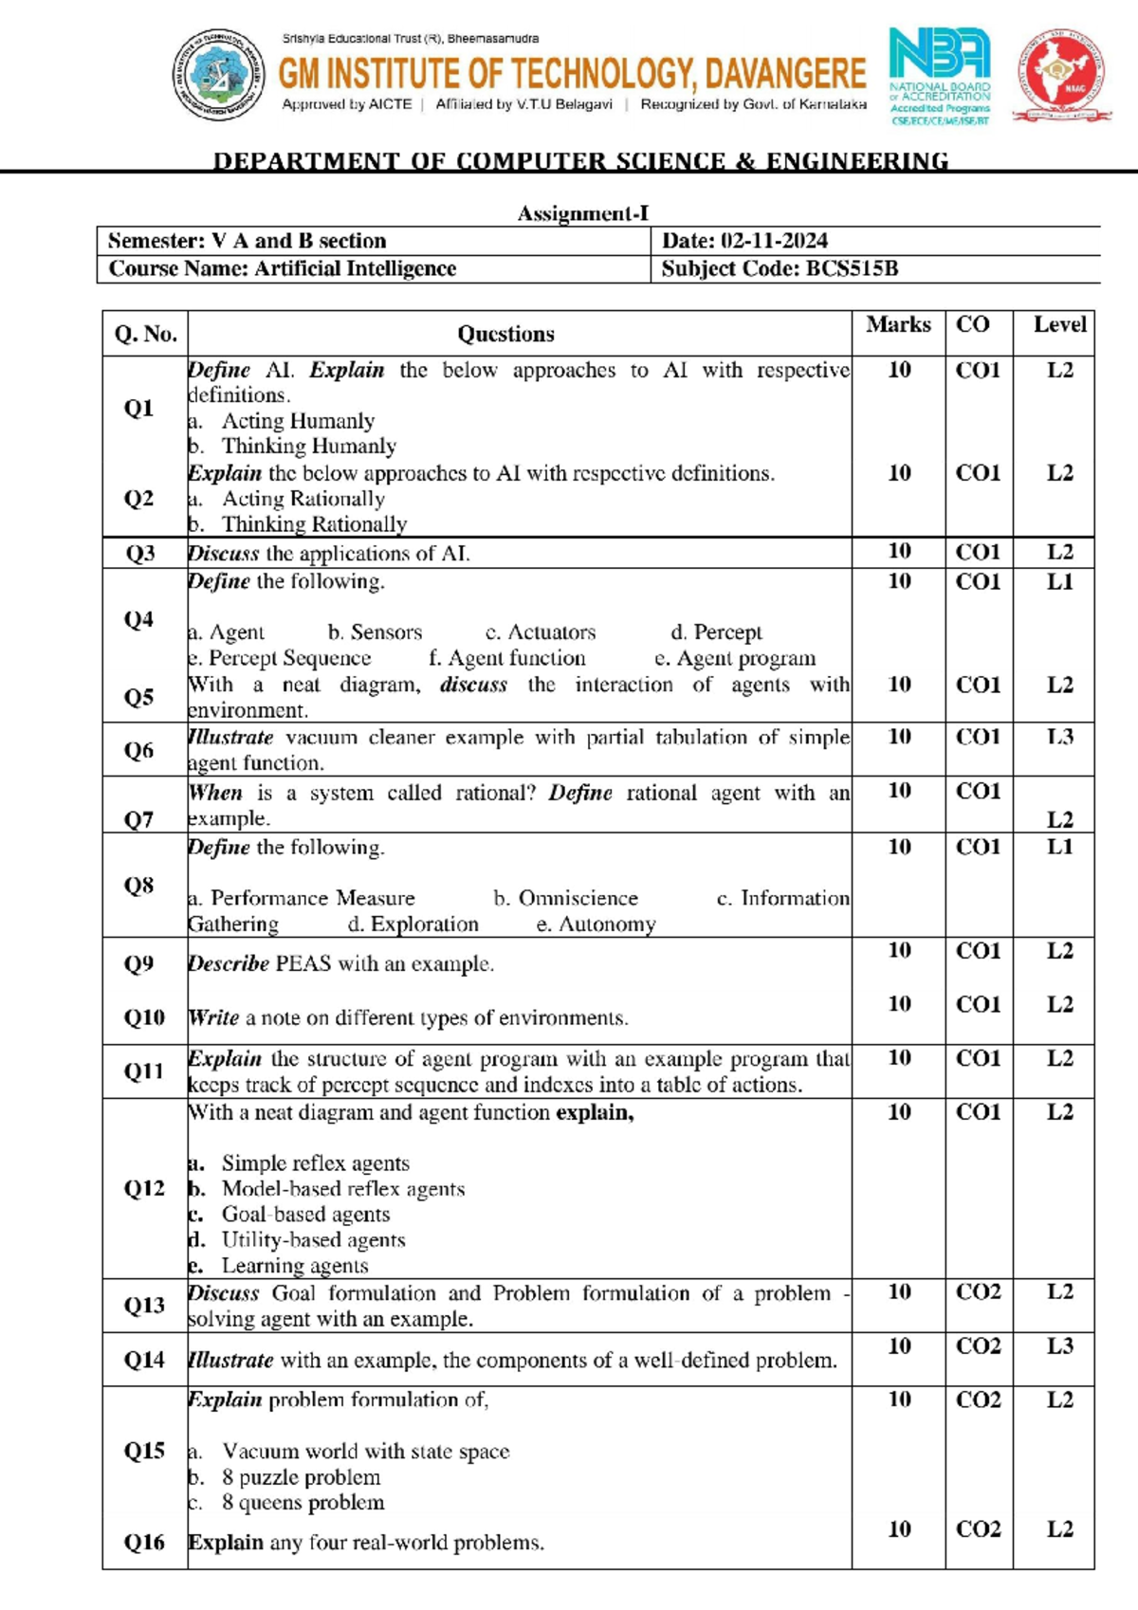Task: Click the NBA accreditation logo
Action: coord(939,76)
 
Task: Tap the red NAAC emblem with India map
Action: coord(1061,75)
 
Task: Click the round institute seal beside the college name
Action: coord(219,75)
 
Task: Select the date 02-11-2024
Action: coord(774,241)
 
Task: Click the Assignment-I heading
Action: coord(582,213)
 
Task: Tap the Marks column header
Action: coord(898,325)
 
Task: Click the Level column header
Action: coord(1059,325)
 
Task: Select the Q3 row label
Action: coord(140,553)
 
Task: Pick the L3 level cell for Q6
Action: coord(1059,737)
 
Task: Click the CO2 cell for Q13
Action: coord(978,1291)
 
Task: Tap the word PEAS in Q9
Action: coord(303,964)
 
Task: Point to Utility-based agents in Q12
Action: coord(313,1240)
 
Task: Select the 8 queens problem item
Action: coord(303,1503)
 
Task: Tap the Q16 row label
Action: coord(144,1543)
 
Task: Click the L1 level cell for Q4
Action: coord(1059,581)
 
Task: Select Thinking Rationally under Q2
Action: coord(314,524)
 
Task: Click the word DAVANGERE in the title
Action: coord(785,73)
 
